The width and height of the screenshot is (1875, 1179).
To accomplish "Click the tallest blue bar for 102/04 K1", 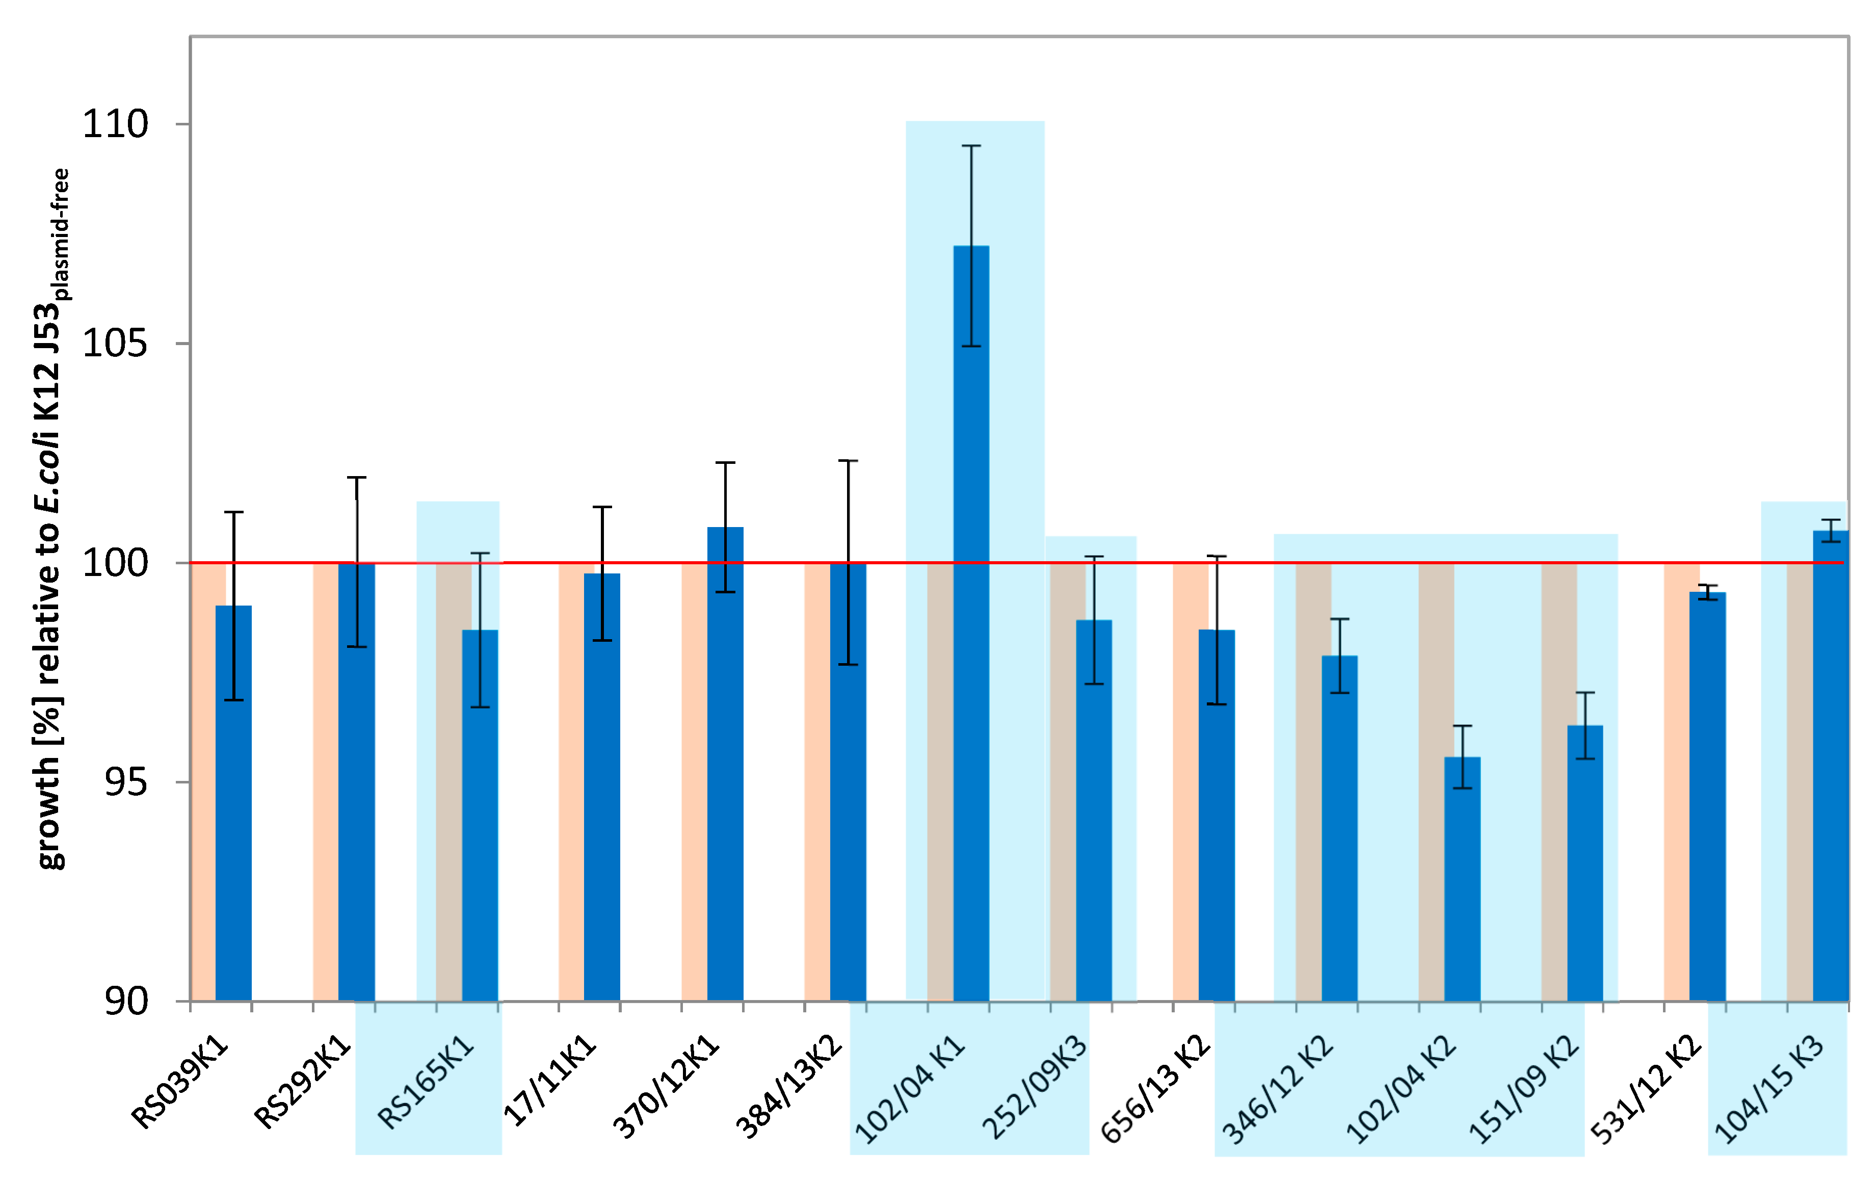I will pos(971,623).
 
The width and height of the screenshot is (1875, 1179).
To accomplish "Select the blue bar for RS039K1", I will pos(233,802).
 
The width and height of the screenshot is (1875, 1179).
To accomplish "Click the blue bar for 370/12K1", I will pos(725,763).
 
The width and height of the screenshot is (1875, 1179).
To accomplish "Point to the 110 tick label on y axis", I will pos(115,124).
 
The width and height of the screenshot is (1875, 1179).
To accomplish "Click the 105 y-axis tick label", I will pos(115,344).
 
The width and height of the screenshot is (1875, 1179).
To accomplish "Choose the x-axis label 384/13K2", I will pos(789,1086).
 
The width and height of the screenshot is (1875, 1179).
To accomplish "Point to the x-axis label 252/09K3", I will pos(1034,1086).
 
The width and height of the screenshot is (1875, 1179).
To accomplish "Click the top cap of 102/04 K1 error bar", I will pos(971,146).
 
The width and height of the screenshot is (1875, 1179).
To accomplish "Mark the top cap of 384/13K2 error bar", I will pos(848,461).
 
